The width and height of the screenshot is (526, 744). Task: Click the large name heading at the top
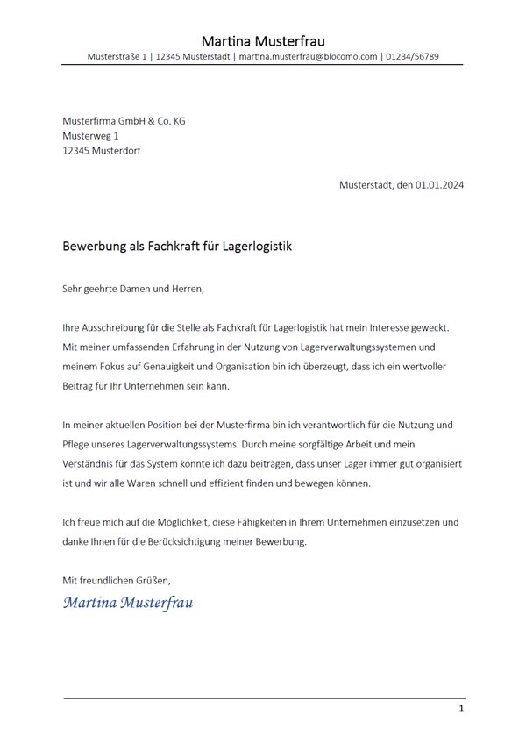(x=263, y=41)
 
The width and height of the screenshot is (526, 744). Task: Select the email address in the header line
(x=307, y=57)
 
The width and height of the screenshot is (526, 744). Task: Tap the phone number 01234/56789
(x=413, y=57)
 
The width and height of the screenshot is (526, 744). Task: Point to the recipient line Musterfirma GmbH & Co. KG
(x=124, y=120)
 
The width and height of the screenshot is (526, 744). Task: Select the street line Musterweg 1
(x=90, y=135)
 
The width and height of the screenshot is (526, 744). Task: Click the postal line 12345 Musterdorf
(x=101, y=150)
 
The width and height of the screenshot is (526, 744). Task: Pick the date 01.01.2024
(x=440, y=185)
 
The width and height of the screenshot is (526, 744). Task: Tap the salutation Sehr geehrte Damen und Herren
(x=132, y=288)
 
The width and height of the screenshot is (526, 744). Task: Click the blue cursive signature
(x=128, y=603)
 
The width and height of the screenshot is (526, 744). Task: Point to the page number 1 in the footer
(x=461, y=708)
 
